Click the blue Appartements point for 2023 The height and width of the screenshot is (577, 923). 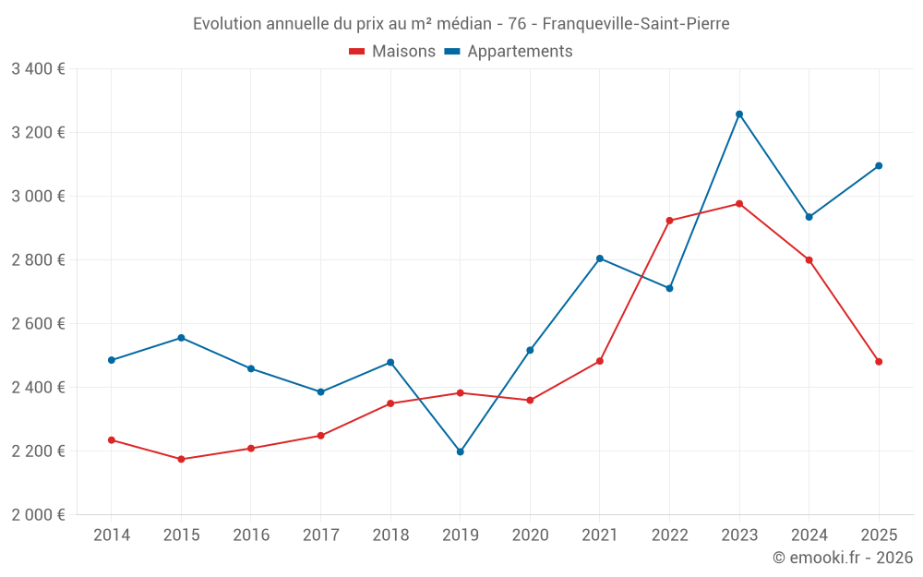point(739,114)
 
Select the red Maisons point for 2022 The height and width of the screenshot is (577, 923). point(669,221)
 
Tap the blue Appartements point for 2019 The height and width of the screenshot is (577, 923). point(461,451)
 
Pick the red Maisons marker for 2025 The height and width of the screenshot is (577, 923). point(879,362)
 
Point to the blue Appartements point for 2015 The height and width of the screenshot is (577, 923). point(181,338)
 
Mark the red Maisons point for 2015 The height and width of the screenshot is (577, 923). point(181,459)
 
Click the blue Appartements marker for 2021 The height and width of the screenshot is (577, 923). point(600,258)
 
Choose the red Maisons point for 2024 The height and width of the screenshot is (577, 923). point(809,259)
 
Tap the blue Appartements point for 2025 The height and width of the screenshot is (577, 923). point(879,166)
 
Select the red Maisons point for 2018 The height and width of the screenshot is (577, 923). point(390,403)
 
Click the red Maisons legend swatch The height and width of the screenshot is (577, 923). point(356,51)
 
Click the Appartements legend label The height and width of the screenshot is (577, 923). point(520,51)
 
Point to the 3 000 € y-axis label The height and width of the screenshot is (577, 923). point(38,196)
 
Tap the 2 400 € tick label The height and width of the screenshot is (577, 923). point(38,388)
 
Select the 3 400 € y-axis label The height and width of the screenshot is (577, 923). point(38,69)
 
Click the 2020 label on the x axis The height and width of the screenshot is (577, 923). point(531,535)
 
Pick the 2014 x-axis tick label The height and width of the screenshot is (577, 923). point(112,535)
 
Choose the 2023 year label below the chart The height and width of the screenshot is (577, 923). point(739,535)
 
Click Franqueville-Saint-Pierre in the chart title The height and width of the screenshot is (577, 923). point(636,24)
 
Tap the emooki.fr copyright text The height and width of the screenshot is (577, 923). point(843,557)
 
